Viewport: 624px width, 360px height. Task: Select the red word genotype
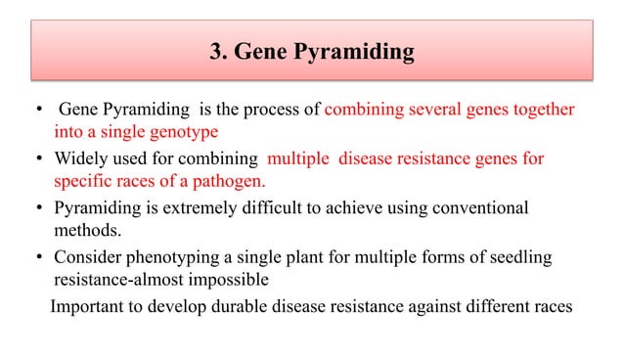point(183,130)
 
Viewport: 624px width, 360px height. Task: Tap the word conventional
point(473,208)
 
